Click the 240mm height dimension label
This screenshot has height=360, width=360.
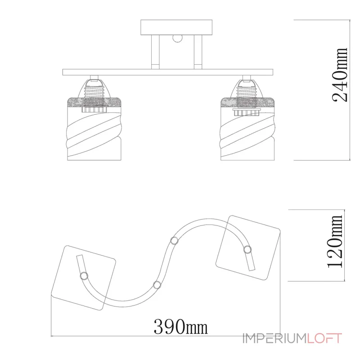(340, 75)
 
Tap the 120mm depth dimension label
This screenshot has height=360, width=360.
(335, 241)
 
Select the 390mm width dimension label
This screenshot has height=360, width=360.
(181, 327)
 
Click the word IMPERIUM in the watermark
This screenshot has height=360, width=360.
(275, 338)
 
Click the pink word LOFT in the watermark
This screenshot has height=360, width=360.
(324, 338)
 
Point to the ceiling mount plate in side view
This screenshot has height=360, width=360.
(176, 27)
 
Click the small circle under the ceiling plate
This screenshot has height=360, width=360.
(177, 38)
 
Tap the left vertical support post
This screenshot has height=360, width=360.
(155, 52)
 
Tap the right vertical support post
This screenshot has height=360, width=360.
(198, 52)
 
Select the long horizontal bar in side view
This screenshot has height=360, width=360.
(168, 72)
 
